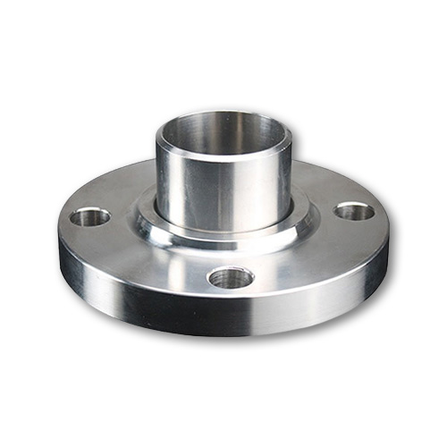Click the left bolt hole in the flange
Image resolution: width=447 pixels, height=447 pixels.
(90, 216)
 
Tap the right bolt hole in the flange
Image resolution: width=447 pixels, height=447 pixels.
(355, 212)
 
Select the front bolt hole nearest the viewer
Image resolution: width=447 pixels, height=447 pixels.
(231, 278)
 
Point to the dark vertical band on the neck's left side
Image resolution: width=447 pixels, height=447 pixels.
(168, 179)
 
